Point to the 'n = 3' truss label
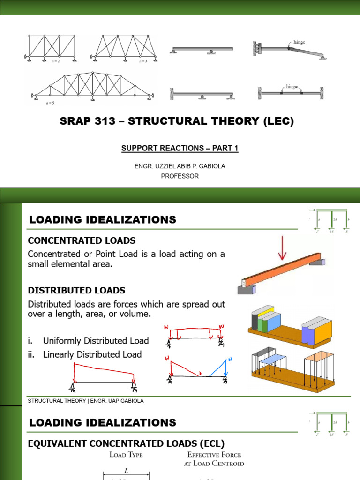(x=143, y=61)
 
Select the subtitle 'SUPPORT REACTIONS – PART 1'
(x=180, y=148)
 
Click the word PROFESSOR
(x=180, y=176)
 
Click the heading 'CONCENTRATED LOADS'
(x=82, y=240)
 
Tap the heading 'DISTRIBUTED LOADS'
(x=76, y=290)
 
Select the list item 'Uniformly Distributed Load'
(x=96, y=341)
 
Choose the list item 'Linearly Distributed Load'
(x=92, y=354)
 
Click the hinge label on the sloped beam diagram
(x=299, y=42)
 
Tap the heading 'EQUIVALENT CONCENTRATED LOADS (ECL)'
(x=126, y=443)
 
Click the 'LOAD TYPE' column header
(x=126, y=455)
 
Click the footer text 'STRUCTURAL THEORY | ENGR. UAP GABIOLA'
(x=85, y=401)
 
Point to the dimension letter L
(x=126, y=470)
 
